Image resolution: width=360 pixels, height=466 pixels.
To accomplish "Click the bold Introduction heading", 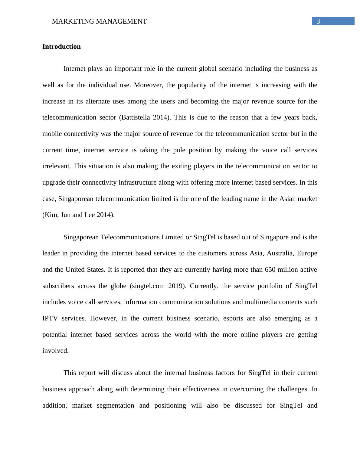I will pos(61,47).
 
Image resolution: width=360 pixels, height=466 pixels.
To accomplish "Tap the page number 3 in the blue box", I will pos(318,21).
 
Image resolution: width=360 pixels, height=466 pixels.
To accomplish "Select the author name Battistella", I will pos(135,117).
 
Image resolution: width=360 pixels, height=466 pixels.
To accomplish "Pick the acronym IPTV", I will pos(50,318).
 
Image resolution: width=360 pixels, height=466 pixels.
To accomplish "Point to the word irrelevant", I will pos(56,166).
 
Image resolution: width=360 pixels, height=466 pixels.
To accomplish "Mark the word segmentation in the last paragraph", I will pos(115,405).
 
